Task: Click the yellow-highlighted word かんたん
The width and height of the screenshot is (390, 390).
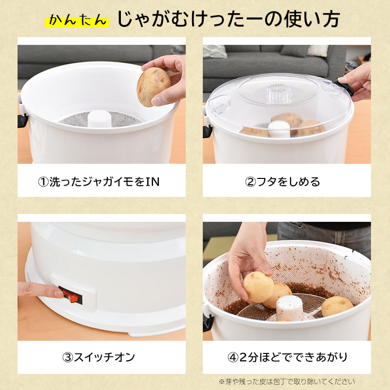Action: [x=77, y=20]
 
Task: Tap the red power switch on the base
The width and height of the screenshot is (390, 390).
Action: [x=71, y=295]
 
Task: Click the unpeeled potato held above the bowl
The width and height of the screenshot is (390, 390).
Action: [x=153, y=87]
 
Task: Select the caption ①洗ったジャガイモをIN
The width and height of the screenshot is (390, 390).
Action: [x=99, y=182]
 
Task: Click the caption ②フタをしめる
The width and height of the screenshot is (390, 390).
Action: [x=282, y=182]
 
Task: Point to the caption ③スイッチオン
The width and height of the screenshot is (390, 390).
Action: [x=98, y=357]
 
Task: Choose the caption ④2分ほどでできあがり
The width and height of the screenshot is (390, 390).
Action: [x=287, y=357]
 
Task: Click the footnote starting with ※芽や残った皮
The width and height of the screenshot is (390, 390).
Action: [x=287, y=382]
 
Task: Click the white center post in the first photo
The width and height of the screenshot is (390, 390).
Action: [x=99, y=118]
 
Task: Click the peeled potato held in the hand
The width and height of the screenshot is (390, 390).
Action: [x=258, y=287]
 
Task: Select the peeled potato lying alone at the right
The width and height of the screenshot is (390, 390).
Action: [x=337, y=306]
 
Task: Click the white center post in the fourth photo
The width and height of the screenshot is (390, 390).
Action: [x=290, y=308]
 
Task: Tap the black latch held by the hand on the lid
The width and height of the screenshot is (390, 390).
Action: [x=345, y=87]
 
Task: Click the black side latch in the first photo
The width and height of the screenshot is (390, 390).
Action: [x=22, y=120]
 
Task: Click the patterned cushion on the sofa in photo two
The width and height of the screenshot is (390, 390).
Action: [x=215, y=52]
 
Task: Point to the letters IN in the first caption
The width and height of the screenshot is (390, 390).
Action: [x=152, y=182]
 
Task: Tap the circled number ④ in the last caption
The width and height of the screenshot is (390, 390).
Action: [x=234, y=358]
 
